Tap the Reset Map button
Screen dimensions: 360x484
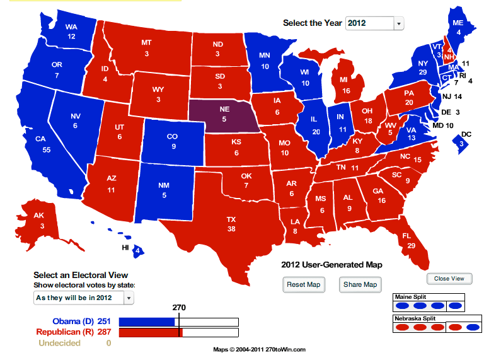pos(304,284)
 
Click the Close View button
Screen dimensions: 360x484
pos(449,279)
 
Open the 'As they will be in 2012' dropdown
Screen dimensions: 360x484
pos(84,298)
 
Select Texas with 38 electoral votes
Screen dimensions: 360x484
pos(231,223)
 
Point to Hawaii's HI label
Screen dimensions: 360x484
pos(126,248)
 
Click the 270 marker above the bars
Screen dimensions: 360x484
pos(180,308)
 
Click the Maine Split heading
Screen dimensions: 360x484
pos(410,296)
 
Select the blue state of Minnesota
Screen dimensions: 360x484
pos(265,61)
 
